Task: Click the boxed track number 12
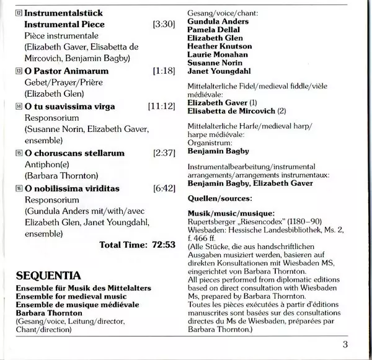19,12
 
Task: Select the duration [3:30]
164,25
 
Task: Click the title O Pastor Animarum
58,72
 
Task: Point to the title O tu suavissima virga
69,107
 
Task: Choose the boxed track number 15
19,153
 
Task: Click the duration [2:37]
164,153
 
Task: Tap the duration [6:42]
164,188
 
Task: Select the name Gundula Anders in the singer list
218,21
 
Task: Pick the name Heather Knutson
220,46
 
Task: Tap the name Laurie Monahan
218,55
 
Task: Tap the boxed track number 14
19,107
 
